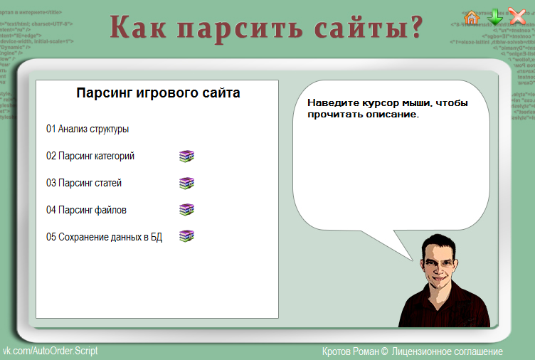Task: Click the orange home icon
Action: tap(472, 17)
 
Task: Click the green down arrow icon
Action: tap(494, 17)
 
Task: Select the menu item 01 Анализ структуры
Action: tap(88, 129)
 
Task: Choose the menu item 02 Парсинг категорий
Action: tap(90, 157)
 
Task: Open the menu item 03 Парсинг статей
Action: tap(84, 184)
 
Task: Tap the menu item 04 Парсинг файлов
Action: tap(87, 211)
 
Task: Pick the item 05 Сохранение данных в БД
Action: tap(105, 238)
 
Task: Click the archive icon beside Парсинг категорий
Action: tap(186, 156)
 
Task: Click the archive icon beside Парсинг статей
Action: tap(186, 183)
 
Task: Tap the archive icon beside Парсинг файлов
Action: tap(186, 209)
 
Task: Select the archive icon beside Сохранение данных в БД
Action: tap(186, 236)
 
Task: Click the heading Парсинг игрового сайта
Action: tap(158, 93)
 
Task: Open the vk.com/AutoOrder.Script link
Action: tap(51, 351)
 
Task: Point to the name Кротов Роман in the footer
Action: tap(350, 351)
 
